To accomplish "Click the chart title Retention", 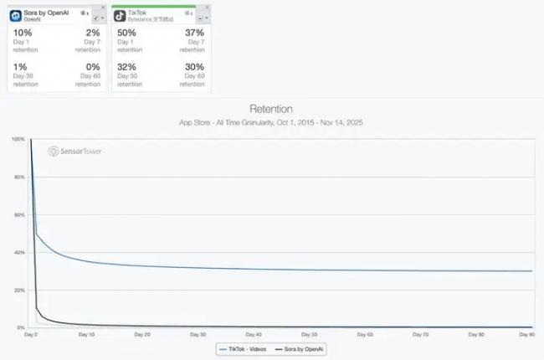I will [x=271, y=110].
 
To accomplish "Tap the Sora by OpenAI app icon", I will [x=16, y=14].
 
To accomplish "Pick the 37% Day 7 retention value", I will [x=192, y=32].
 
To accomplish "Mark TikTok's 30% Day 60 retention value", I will [x=192, y=67].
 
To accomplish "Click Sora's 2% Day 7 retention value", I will [x=92, y=32].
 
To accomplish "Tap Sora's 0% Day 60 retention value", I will [x=91, y=67].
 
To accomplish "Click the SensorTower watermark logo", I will [x=76, y=152].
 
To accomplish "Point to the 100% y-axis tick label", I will [x=17, y=139].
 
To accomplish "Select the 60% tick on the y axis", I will [x=18, y=214].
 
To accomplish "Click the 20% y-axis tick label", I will [x=18, y=290].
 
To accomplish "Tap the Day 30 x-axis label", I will [x=198, y=334].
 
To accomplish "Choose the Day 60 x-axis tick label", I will [x=365, y=334].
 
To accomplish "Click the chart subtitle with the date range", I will [x=271, y=122].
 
